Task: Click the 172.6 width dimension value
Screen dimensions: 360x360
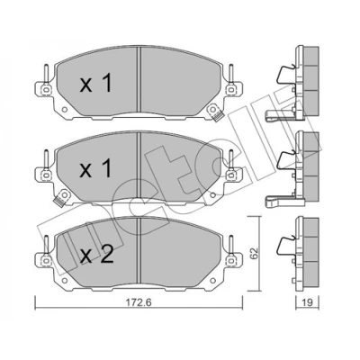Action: click(139, 302)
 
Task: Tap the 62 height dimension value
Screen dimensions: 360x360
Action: click(254, 254)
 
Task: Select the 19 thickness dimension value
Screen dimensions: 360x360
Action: click(307, 302)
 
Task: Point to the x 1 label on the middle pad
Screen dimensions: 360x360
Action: click(96, 168)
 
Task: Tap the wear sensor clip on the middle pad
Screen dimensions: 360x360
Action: click(62, 198)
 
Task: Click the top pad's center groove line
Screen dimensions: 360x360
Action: click(139, 79)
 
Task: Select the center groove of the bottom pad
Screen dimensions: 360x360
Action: click(139, 250)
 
